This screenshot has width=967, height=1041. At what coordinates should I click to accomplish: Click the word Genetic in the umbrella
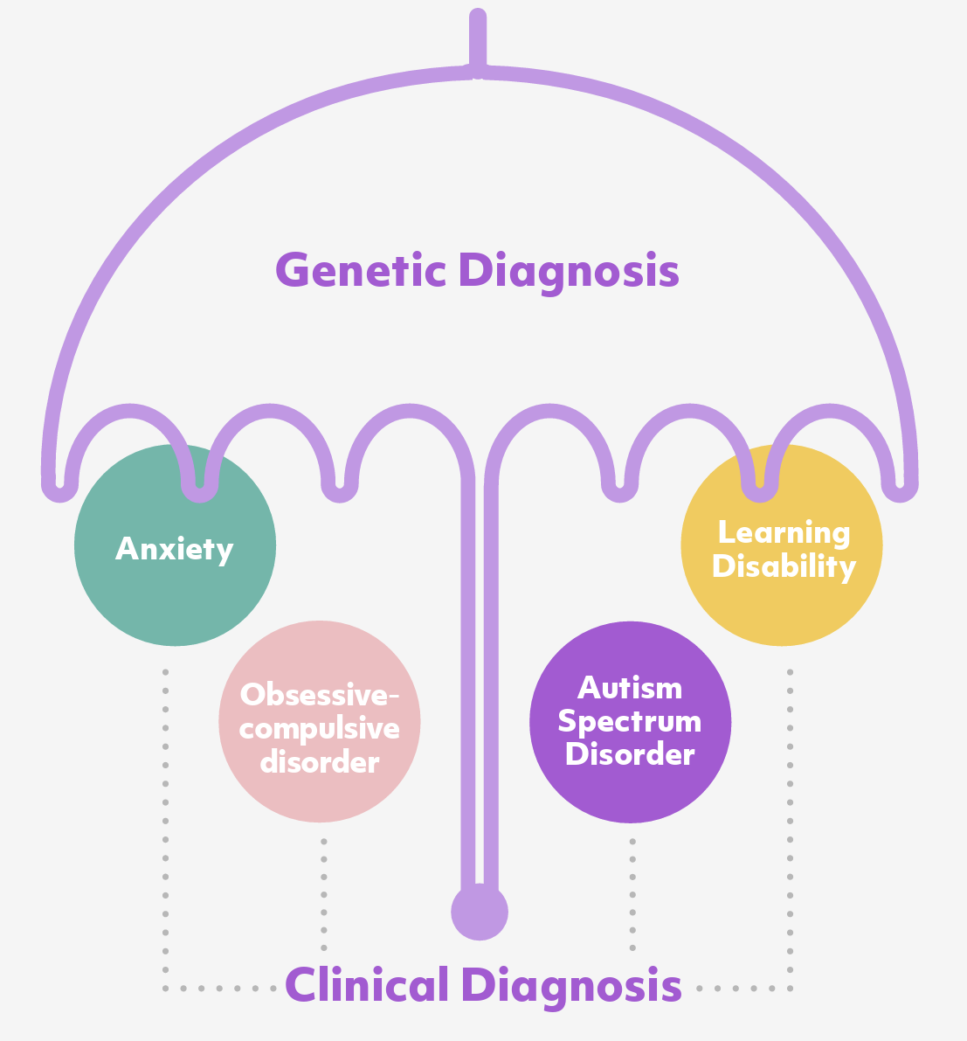[x=361, y=270]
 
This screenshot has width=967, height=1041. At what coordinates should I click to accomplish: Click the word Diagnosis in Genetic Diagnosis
[x=569, y=272]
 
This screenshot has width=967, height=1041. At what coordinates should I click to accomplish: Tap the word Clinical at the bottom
[x=367, y=985]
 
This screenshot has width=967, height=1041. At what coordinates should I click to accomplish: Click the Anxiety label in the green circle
[x=175, y=549]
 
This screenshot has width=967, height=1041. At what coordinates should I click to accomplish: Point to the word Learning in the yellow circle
[x=784, y=532]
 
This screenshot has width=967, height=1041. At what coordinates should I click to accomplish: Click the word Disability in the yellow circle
[x=784, y=566]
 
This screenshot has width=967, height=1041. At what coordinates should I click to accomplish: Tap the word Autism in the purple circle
[x=630, y=688]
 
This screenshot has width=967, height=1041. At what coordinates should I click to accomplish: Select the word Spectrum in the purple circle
[x=630, y=722]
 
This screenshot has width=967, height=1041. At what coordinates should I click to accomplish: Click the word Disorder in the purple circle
[x=630, y=754]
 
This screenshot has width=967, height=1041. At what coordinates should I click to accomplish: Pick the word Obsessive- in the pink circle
[x=320, y=694]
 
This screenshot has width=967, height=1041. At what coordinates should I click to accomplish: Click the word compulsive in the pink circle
[x=320, y=728]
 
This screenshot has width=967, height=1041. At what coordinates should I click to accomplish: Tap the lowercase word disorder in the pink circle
[x=320, y=762]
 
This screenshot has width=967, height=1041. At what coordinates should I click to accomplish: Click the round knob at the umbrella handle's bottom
[x=479, y=913]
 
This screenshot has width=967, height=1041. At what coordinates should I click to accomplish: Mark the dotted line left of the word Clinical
[x=218, y=989]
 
